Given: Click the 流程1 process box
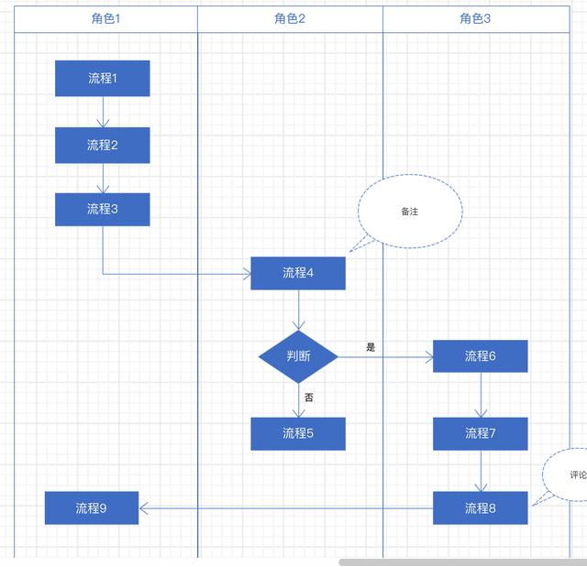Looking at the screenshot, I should coord(102,79).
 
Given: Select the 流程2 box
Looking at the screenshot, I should coord(102,145).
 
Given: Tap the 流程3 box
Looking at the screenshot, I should coord(102,209).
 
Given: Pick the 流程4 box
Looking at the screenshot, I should coord(298,273).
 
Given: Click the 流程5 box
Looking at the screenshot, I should coord(298,433).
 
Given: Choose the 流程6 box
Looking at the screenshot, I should coord(480,355).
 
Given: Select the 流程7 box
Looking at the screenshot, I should coord(480,433).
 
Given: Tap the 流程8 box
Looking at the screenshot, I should coord(480,507).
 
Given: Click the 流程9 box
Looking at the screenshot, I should coord(92,507).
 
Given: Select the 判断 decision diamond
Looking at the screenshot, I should coord(298,356).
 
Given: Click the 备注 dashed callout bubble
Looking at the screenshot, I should coord(409,212).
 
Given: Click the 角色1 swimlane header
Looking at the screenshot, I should coord(105,19).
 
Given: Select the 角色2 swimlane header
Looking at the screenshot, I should coord(290,19).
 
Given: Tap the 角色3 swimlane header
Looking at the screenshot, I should coord(475,19).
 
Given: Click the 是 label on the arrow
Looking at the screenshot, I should coord(371,347).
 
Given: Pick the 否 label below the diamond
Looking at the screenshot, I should coord(309,398).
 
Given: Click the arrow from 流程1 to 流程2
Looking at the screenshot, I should coord(103,112).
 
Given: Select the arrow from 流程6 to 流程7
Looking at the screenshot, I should coord(481,395).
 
